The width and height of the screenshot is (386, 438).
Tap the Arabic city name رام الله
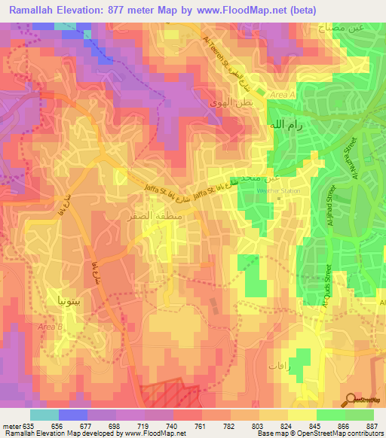(287, 126)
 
